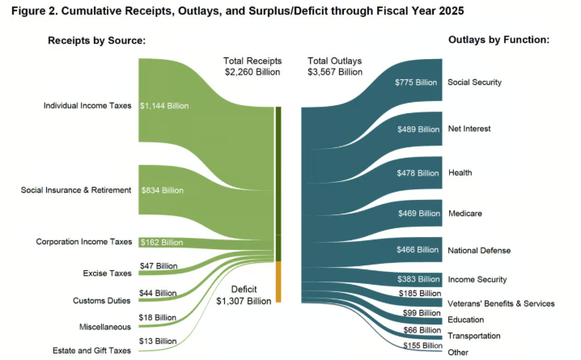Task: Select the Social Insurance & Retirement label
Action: tap(76, 190)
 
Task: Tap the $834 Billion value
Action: tap(162, 190)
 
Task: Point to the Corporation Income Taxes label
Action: tap(83, 242)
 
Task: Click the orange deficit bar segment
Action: tap(278, 282)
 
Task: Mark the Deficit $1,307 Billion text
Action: tap(244, 294)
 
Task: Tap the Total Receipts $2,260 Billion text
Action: tap(252, 66)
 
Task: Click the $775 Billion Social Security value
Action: tap(416, 83)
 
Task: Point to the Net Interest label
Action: tap(469, 129)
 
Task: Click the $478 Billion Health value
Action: tap(416, 172)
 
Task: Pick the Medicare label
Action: tap(465, 214)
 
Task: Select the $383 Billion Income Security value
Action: tap(416, 279)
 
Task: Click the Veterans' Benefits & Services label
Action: tap(501, 303)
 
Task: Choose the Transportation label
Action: tap(474, 335)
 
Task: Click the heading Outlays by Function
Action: tap(498, 40)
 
